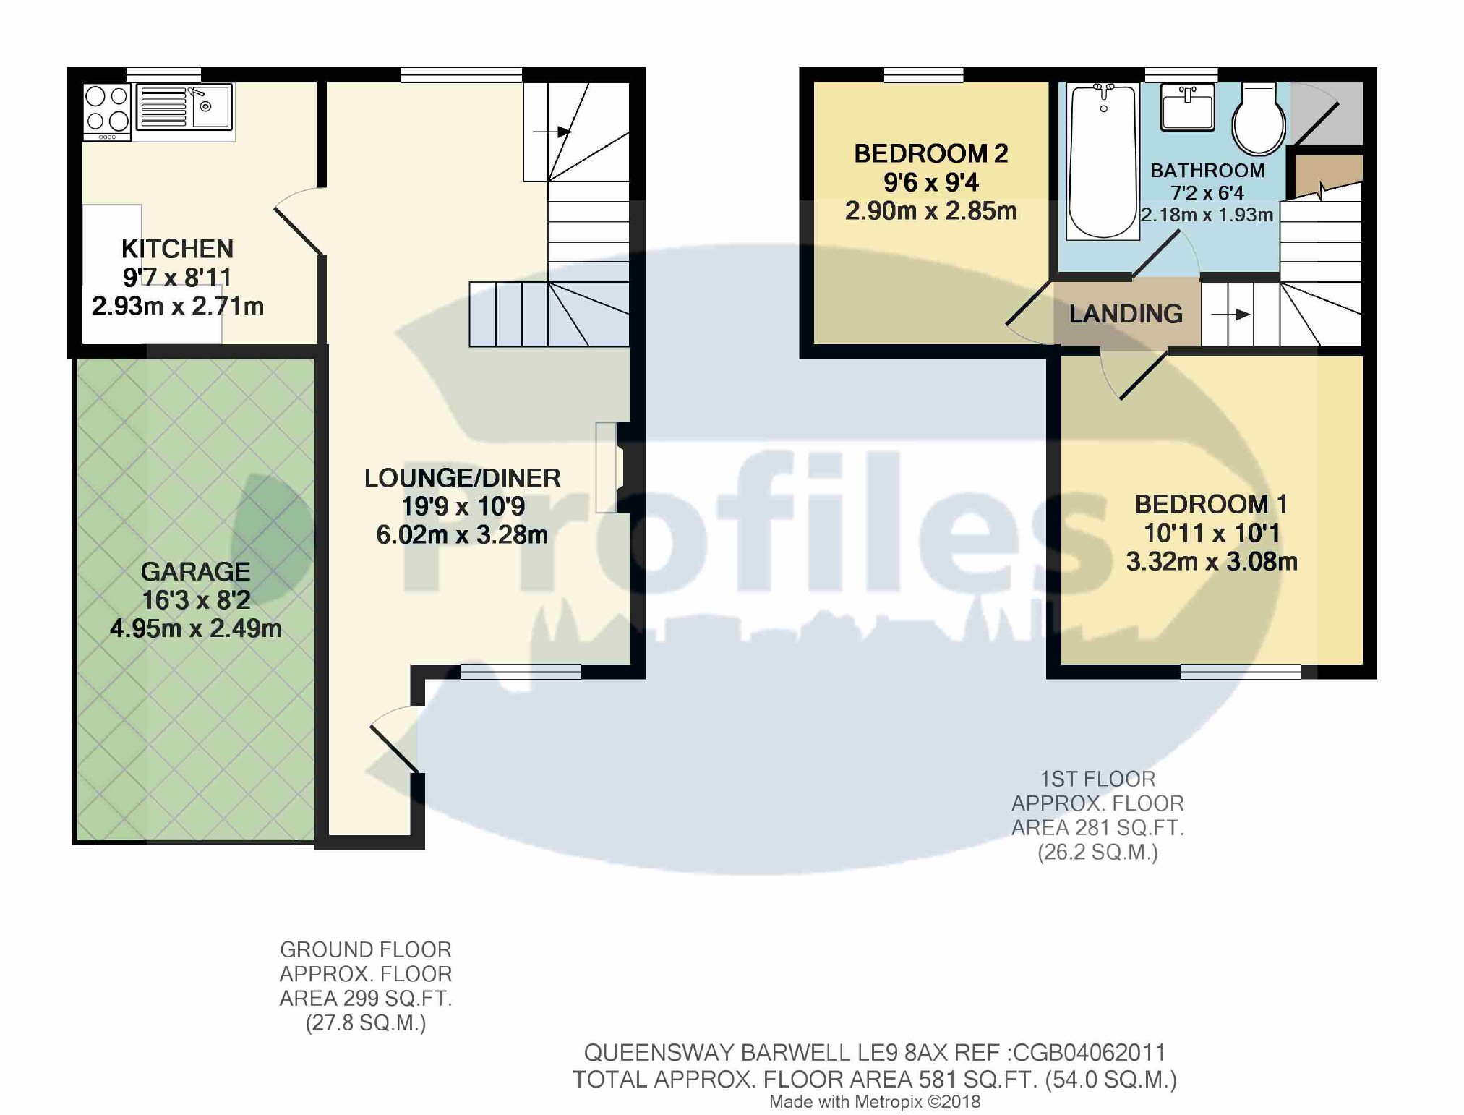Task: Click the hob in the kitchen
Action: (x=107, y=111)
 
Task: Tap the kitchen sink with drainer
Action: (x=184, y=108)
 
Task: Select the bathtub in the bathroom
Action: (x=1102, y=161)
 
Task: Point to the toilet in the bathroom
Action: (x=1259, y=119)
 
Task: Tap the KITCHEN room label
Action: (x=177, y=249)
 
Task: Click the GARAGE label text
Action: (x=195, y=571)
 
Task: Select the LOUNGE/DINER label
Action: (x=462, y=478)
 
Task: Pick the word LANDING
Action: (x=1126, y=314)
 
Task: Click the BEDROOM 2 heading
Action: (x=930, y=153)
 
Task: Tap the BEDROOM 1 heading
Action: (x=1211, y=504)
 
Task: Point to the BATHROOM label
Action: (x=1207, y=171)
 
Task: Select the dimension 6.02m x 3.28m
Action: (x=462, y=535)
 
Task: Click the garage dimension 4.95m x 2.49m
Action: (x=195, y=628)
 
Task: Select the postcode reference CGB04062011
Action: (x=1089, y=1052)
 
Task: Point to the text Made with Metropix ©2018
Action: (x=874, y=1102)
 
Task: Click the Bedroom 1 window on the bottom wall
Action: (x=1241, y=672)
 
